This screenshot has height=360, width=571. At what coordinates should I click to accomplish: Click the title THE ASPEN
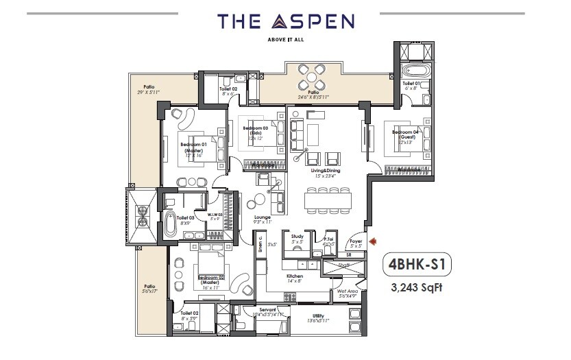(x=286, y=21)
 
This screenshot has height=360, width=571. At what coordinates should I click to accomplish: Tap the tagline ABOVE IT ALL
(x=286, y=39)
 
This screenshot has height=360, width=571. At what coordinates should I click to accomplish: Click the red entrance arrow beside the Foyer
(x=373, y=241)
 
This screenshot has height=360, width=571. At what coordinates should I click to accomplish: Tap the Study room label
(x=297, y=239)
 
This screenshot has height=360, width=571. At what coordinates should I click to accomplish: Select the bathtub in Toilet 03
(x=170, y=224)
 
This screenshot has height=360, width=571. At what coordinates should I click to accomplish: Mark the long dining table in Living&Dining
(x=328, y=200)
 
